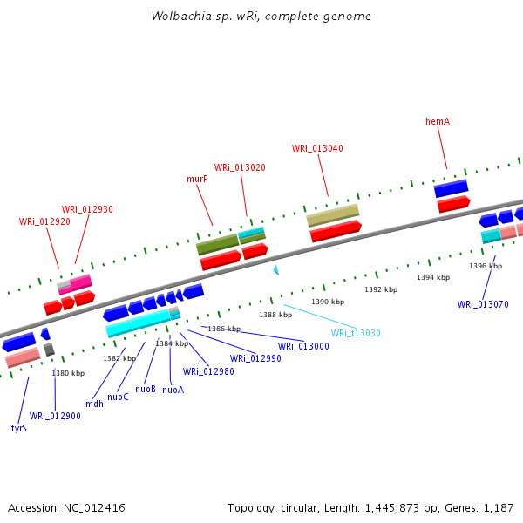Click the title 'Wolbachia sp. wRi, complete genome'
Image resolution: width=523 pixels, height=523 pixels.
261,17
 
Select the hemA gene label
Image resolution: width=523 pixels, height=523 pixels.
438,121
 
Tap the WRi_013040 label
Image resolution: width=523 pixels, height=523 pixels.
317,148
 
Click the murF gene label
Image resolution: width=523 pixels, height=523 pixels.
197,179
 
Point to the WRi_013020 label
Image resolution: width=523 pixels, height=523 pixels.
240,167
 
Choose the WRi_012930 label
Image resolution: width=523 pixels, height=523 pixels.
87,209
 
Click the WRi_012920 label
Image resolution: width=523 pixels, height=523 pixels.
44,221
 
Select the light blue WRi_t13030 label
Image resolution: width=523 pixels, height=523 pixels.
356,333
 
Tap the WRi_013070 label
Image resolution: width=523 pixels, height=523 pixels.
483,304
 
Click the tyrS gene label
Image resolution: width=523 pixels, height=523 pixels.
19,428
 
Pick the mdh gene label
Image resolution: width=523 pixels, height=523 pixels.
95,404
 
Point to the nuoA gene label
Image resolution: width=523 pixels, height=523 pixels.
173,390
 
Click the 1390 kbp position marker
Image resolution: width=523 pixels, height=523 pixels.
328,302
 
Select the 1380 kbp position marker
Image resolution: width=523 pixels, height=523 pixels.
68,373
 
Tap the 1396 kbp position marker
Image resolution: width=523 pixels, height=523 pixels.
486,266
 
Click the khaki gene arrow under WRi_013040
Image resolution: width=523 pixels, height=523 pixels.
333,214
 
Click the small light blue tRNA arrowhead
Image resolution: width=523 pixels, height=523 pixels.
276,270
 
